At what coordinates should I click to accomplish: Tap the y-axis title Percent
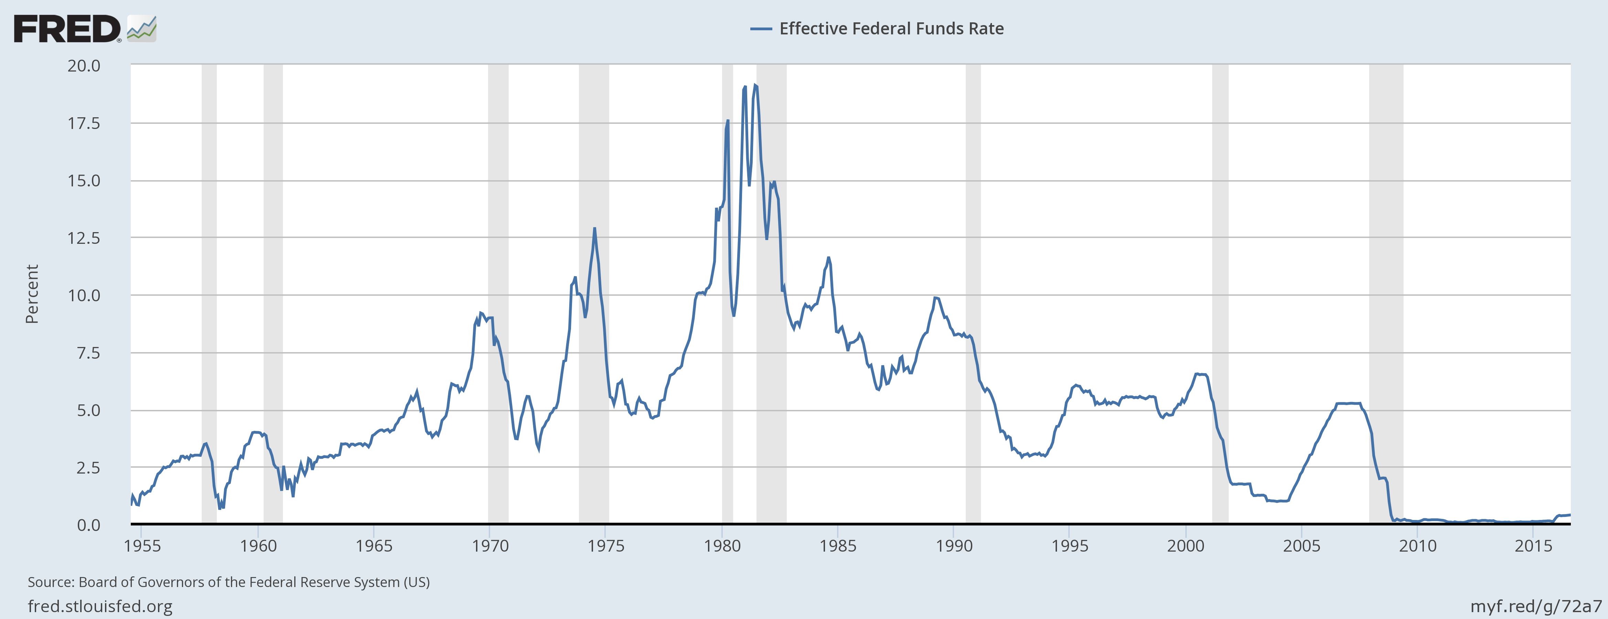(x=32, y=294)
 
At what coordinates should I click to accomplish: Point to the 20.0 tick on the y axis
(x=84, y=66)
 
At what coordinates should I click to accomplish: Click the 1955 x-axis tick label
(x=142, y=546)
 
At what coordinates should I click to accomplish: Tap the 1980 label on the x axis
(x=722, y=546)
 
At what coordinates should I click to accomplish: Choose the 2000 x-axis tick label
(x=1185, y=546)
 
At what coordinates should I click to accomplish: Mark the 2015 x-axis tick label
(x=1533, y=546)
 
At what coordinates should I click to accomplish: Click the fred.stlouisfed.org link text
(x=100, y=606)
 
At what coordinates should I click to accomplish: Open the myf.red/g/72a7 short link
(x=1536, y=606)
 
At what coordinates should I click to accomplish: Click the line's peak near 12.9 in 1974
(x=594, y=228)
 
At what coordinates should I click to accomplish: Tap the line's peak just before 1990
(x=935, y=298)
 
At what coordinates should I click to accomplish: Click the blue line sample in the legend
(x=761, y=29)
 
